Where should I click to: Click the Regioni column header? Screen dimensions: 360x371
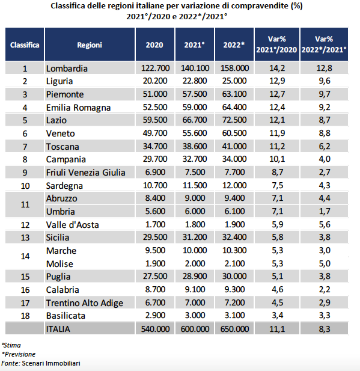pyautogui.click(x=90, y=44)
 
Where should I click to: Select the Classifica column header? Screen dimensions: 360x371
pyautogui.click(x=25, y=44)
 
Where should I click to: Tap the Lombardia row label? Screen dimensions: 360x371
pyautogui.click(x=67, y=69)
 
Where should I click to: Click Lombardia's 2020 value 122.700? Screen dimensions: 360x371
pyautogui.click(x=155, y=68)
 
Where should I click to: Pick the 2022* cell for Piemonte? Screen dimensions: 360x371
pyautogui.click(x=234, y=94)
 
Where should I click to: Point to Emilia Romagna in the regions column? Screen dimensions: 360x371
pyautogui.click(x=78, y=108)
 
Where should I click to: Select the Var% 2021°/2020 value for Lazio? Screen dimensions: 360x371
pyautogui.click(x=277, y=120)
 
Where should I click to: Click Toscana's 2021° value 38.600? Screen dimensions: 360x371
pyautogui.click(x=195, y=146)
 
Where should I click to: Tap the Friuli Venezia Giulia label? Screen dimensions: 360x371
pyautogui.click(x=85, y=173)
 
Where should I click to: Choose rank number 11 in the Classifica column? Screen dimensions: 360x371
pyautogui.click(x=25, y=204)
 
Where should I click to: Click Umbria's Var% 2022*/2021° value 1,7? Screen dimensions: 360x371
pyautogui.click(x=325, y=211)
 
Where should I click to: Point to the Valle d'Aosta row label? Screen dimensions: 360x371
pyautogui.click(x=72, y=225)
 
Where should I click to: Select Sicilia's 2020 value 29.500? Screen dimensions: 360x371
pyautogui.click(x=155, y=237)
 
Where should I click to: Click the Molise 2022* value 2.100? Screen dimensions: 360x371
pyautogui.click(x=234, y=263)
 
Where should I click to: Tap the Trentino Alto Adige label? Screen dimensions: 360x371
pyautogui.click(x=85, y=303)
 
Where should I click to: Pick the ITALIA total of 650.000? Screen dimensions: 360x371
pyautogui.click(x=234, y=329)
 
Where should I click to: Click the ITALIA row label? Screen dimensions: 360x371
pyautogui.click(x=58, y=329)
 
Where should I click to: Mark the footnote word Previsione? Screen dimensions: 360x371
pyautogui.click(x=20, y=354)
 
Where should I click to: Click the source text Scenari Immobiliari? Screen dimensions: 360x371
pyautogui.click(x=51, y=363)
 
